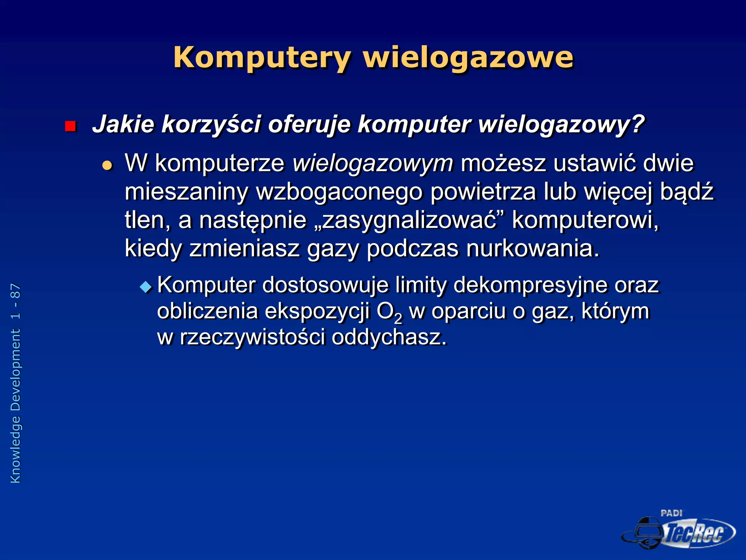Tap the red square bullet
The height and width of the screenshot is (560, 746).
70,126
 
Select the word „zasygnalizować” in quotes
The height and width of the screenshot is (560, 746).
409,220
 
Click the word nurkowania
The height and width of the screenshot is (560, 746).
532,249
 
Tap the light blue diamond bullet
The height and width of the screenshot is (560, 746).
146,287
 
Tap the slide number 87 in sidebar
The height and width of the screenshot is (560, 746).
15,292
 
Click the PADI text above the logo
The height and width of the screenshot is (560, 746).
671,513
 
